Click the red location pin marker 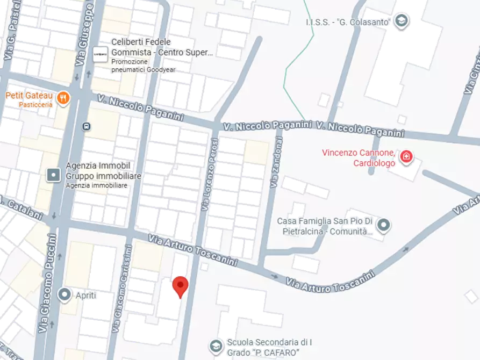click(x=181, y=286)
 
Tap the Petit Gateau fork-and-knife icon click(x=63, y=97)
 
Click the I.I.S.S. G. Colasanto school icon click(x=400, y=21)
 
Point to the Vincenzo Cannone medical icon click(x=407, y=157)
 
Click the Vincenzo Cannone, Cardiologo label click(x=359, y=157)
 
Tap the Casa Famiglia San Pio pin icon click(x=383, y=225)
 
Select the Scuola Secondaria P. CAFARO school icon click(x=216, y=345)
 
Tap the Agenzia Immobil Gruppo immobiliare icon click(x=54, y=175)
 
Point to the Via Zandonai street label click(x=275, y=161)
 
